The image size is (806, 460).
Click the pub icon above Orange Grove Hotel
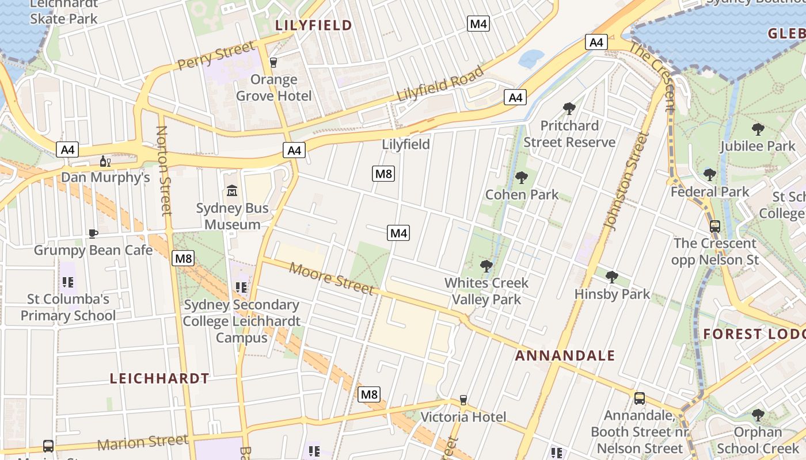[273, 62]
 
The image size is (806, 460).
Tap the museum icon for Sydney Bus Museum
[232, 190]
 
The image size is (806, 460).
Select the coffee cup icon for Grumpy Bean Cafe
[93, 233]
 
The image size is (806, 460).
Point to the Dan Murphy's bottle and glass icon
[105, 161]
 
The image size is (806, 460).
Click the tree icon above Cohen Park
[522, 177]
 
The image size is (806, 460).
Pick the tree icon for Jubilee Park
[758, 129]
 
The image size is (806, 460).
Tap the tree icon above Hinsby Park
[612, 277]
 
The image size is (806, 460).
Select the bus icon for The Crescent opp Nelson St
[714, 227]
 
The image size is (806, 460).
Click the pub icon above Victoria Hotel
[463, 400]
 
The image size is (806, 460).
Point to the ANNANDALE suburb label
[565, 355]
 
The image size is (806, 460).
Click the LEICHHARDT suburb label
[159, 378]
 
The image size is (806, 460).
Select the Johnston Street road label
[626, 181]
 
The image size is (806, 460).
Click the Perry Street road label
[215, 55]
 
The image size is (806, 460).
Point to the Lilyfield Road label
[440, 84]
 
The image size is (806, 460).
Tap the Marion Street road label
[142, 443]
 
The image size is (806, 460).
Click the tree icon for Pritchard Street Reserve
[569, 108]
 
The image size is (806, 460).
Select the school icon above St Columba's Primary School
[68, 282]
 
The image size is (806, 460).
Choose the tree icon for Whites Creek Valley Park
[486, 266]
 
